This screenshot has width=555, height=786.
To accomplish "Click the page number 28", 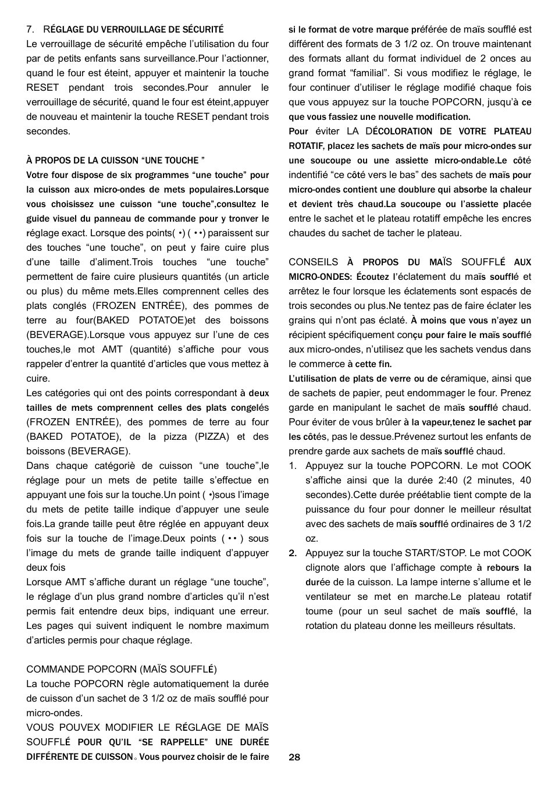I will click(294, 757).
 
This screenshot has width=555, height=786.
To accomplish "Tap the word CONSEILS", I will click(313, 262).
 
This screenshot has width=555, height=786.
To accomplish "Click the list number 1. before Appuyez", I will click(293, 466).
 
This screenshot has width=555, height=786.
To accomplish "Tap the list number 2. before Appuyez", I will click(293, 553).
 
